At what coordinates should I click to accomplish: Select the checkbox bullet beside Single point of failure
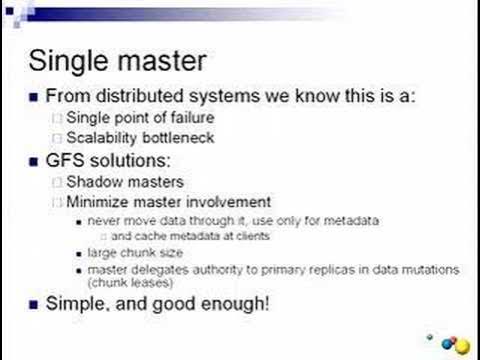tap(58, 119)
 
